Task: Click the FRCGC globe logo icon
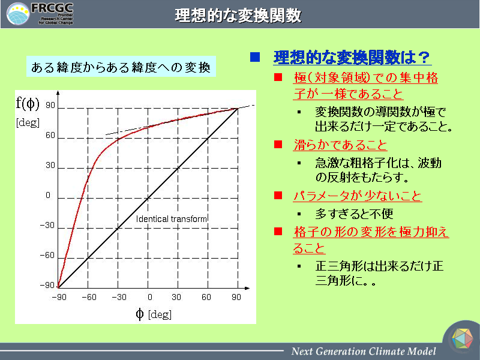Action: (x=18, y=14)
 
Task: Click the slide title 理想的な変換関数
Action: (x=238, y=16)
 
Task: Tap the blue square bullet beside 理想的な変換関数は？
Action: (x=254, y=57)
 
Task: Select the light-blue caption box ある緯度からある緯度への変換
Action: (x=121, y=67)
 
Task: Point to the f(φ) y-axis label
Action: (x=28, y=103)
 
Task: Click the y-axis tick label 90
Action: (x=50, y=106)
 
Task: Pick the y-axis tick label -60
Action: (x=47, y=256)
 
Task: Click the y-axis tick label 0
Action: (x=48, y=196)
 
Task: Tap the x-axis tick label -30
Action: (x=119, y=297)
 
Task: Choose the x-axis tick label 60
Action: (x=206, y=297)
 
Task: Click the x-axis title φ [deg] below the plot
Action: (x=154, y=314)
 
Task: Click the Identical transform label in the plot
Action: (x=172, y=219)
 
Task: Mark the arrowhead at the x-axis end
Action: (x=247, y=288)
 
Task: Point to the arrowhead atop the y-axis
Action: (x=58, y=93)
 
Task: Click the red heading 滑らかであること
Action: (x=340, y=145)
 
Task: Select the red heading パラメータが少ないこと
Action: (x=358, y=196)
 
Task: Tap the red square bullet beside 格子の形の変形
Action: (x=278, y=231)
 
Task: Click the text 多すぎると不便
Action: (x=354, y=214)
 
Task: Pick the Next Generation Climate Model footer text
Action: (x=364, y=351)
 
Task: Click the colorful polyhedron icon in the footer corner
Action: (x=462, y=338)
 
